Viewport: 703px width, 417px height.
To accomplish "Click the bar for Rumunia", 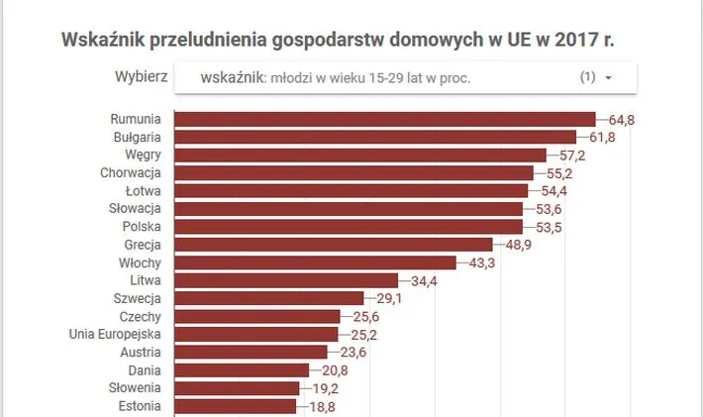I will pyautogui.click(x=384, y=119).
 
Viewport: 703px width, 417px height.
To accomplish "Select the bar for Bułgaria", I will pyautogui.click(x=374, y=137).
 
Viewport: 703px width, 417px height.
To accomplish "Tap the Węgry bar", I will pyautogui.click(x=359, y=155).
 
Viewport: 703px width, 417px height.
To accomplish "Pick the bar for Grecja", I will pyautogui.click(x=333, y=244).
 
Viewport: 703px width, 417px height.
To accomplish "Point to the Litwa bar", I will pyautogui.click(x=285, y=280).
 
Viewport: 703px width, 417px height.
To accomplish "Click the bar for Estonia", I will pyautogui.click(x=235, y=405).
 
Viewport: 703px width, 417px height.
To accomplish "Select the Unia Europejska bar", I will pyautogui.click(x=255, y=334).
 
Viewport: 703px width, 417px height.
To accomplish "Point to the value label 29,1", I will pyautogui.click(x=387, y=298).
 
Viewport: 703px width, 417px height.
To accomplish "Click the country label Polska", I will pyautogui.click(x=142, y=226).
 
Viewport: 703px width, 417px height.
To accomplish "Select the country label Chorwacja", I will pyautogui.click(x=131, y=172).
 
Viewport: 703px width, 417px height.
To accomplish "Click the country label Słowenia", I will pyautogui.click(x=135, y=387).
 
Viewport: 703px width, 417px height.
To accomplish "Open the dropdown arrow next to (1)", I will pyautogui.click(x=608, y=77).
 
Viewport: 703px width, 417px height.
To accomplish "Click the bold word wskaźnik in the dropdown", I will pyautogui.click(x=230, y=77).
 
